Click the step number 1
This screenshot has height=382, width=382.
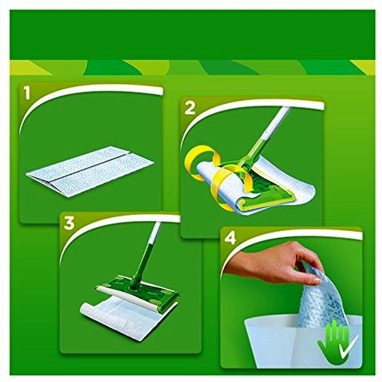click(x=27, y=93)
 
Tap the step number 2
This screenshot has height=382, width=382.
click(x=190, y=109)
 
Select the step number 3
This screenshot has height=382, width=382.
click(x=69, y=223)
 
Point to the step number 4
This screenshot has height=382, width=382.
click(x=230, y=238)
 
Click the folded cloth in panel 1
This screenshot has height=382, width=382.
click(x=90, y=171)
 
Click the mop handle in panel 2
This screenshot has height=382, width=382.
click(x=264, y=136)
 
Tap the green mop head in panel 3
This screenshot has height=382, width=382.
click(x=138, y=293)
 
